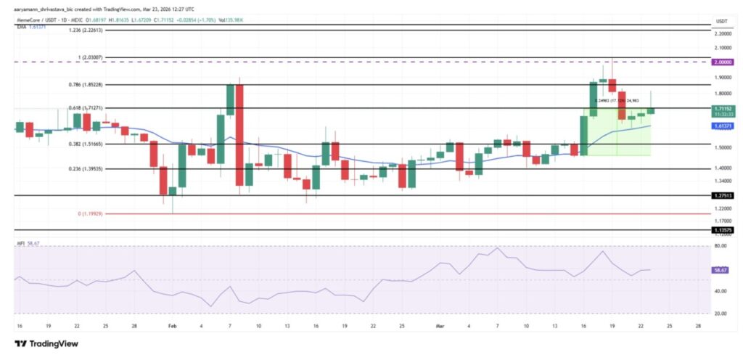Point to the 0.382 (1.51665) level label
click(83, 144)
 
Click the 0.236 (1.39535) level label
click(83, 168)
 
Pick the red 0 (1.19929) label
click(86, 214)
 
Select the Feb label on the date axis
click(172, 327)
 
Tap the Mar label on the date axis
click(440, 327)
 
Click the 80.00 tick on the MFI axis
click(721, 247)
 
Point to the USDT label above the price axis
click(721, 20)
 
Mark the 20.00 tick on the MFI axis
click(721, 314)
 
